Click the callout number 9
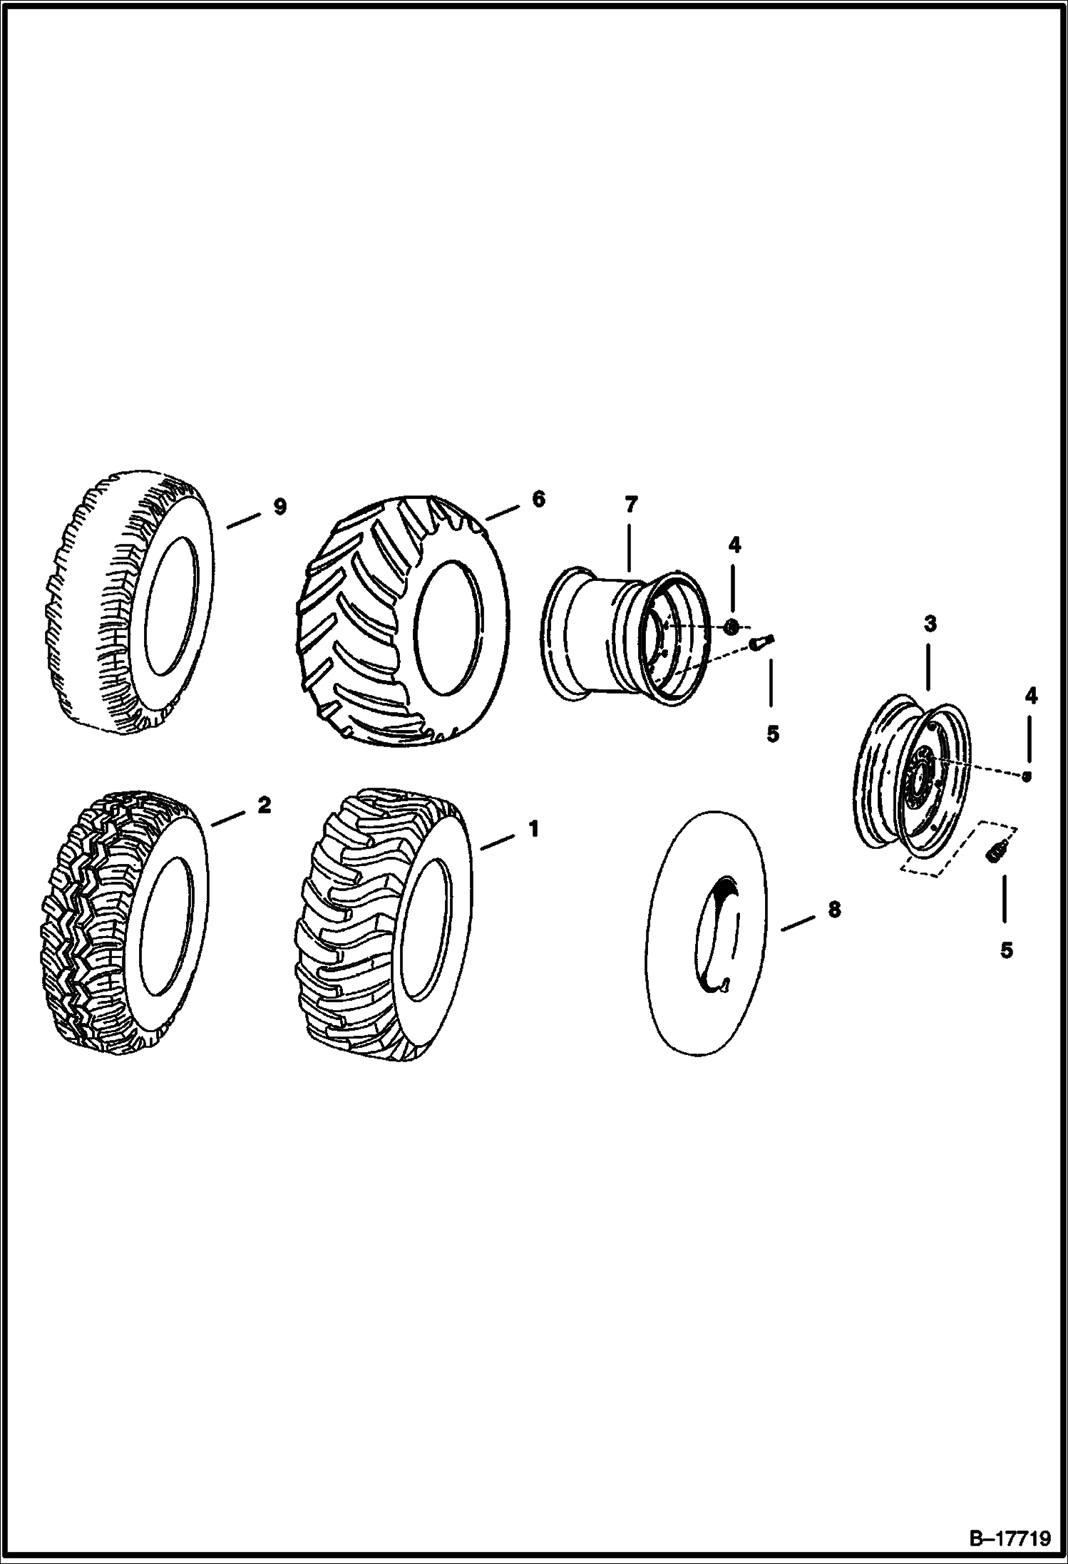coord(279,507)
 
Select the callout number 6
coord(538,499)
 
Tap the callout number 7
coord(630,505)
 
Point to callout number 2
coord(264,806)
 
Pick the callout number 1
coord(533,829)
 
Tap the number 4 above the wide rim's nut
coord(734,545)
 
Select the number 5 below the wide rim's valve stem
coord(773,734)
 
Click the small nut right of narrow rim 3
coord(1027,777)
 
